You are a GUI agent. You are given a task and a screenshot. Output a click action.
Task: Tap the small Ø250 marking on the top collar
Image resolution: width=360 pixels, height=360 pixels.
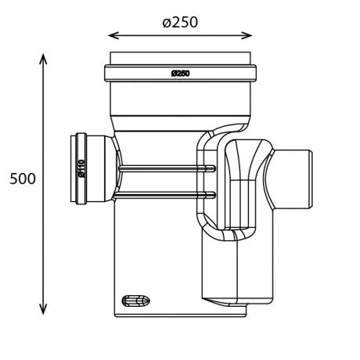pyautogui.click(x=181, y=74)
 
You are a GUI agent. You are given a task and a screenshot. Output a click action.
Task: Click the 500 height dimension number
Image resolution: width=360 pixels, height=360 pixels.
pyautogui.click(x=23, y=178)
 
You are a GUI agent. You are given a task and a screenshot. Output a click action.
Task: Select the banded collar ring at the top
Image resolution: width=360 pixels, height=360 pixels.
pyautogui.click(x=180, y=74)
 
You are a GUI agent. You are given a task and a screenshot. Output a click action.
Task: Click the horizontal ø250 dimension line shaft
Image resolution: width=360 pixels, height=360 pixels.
pyautogui.click(x=180, y=35)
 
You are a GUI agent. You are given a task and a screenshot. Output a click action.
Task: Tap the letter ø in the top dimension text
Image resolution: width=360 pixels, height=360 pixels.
pyautogui.click(x=167, y=21)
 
